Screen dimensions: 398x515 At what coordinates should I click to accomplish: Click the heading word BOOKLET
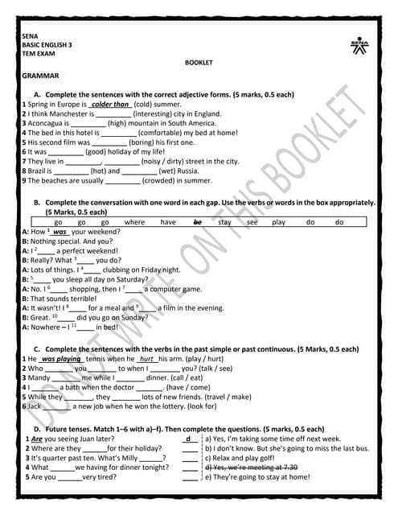tap(198, 62)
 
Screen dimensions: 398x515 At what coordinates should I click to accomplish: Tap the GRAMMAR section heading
tap(41, 76)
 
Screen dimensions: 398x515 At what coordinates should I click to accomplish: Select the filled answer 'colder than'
tap(110, 105)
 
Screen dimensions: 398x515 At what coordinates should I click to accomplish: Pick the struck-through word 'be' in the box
tap(198, 221)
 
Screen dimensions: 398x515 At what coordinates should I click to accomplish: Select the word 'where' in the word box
tap(135, 221)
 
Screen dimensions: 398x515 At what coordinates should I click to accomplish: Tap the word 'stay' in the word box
tap(225, 221)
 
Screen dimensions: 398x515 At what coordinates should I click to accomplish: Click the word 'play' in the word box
tap(279, 221)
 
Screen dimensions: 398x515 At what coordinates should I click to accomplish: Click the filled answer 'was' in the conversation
tap(59, 231)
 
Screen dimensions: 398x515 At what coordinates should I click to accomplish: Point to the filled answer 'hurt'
tap(146, 359)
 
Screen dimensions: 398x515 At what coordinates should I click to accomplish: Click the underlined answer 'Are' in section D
tap(36, 439)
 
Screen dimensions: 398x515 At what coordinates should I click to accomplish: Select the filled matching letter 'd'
tap(188, 439)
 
